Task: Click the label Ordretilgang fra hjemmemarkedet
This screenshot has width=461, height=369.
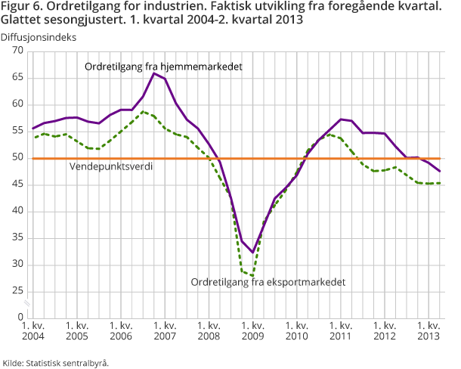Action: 163,67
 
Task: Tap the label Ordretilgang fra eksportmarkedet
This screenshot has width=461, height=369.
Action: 268,282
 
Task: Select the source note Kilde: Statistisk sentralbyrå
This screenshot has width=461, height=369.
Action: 56,362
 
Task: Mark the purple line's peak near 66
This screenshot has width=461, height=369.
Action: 153,73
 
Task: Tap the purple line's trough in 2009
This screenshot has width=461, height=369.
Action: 253,252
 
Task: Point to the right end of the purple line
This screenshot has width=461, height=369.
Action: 441,172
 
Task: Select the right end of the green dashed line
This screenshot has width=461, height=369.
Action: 441,183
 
